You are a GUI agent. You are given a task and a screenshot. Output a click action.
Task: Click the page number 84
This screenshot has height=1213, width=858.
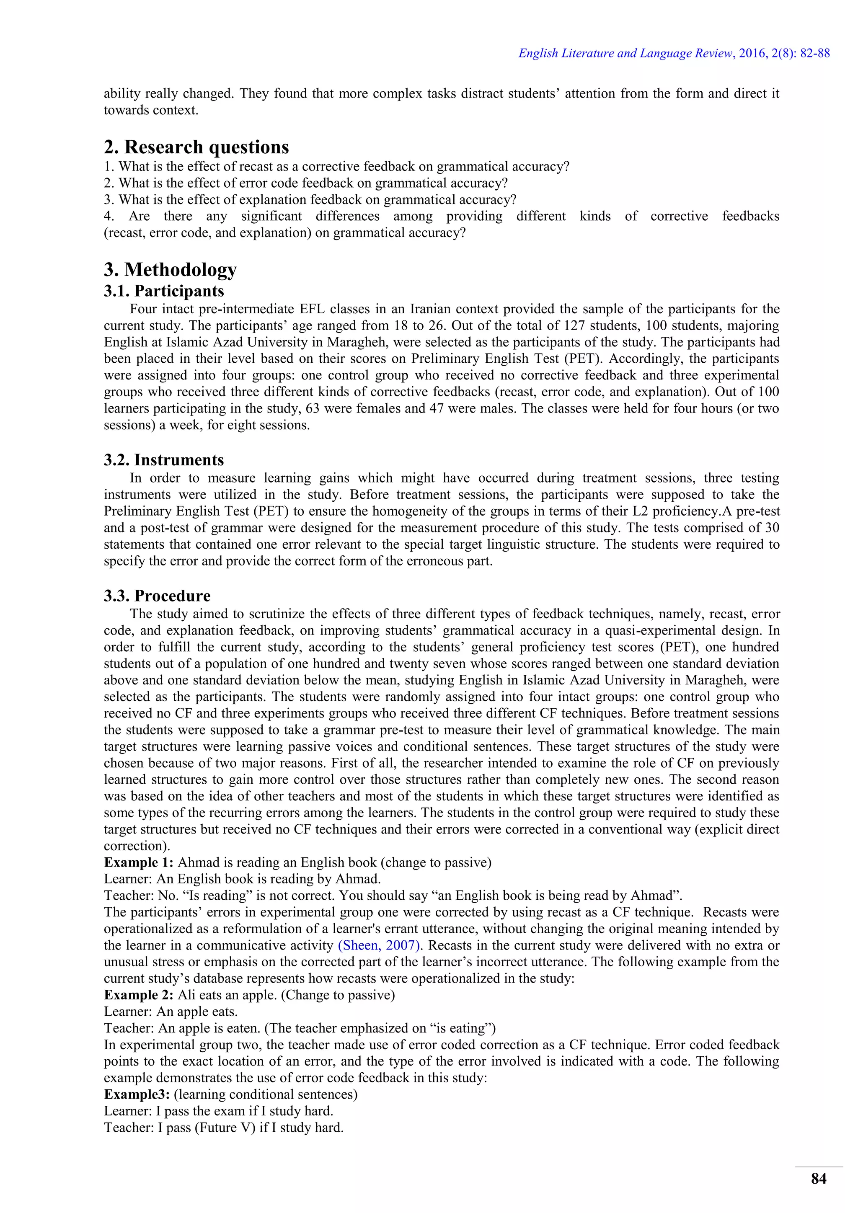coord(818,1179)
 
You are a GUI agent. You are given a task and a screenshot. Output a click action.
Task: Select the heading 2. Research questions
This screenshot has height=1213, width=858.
coord(196,147)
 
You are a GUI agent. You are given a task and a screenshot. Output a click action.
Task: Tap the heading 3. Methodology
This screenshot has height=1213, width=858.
coord(170,269)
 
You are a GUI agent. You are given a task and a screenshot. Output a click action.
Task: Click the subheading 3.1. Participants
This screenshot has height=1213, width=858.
coord(164,291)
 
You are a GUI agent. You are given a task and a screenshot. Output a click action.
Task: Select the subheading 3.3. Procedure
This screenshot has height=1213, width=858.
coord(157,596)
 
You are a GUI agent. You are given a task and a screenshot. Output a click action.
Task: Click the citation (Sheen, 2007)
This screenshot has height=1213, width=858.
coord(379,945)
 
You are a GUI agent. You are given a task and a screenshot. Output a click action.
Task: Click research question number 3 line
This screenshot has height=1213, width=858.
coord(310,200)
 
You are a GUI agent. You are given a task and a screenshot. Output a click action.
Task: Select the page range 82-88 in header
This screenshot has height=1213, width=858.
coord(815,53)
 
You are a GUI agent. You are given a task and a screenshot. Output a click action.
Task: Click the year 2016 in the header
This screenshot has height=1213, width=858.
coord(752,53)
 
